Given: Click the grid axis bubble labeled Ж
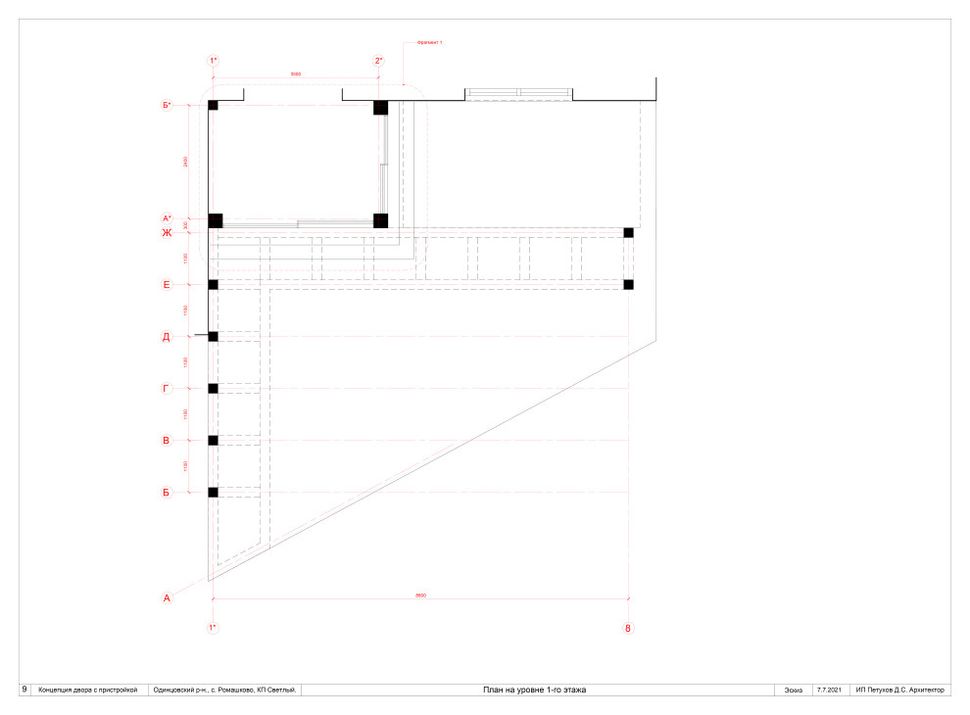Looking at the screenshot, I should (167, 232).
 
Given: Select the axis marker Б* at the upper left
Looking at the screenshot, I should (167, 105).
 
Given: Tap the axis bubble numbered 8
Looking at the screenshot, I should (628, 628).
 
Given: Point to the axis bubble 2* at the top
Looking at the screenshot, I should (380, 61).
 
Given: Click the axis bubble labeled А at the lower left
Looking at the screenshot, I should (167, 597).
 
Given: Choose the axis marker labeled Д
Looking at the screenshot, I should (167, 337).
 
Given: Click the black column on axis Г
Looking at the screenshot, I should (213, 389).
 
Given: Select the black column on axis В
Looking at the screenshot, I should (213, 440).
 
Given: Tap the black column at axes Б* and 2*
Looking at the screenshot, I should (381, 107).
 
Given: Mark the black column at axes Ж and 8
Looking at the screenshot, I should (629, 232).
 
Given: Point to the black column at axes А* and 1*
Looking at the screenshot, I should (216, 220).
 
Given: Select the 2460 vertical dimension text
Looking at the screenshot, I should (186, 162).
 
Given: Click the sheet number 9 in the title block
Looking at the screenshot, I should (24, 690).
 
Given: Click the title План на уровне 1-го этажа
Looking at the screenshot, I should (535, 691).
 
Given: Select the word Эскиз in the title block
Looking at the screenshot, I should (793, 691).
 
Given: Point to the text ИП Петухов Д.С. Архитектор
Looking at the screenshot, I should (899, 691).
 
